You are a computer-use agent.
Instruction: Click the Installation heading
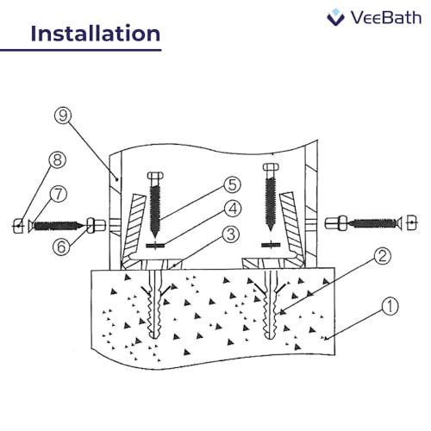pos(95,34)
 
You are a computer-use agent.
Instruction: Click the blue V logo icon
pos(337,16)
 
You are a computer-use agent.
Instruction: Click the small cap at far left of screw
pos(18,227)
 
